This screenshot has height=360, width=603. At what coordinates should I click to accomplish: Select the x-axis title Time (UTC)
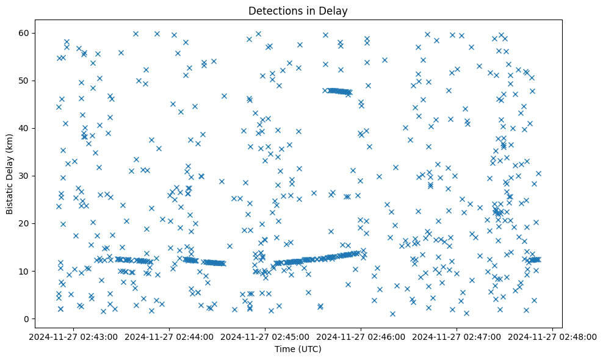[x=298, y=350]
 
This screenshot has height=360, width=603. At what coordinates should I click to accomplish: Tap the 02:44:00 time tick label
[x=170, y=336]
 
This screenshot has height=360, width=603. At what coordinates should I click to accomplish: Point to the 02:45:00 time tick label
[x=265, y=336]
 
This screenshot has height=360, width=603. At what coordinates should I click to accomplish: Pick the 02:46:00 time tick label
[x=361, y=336]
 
